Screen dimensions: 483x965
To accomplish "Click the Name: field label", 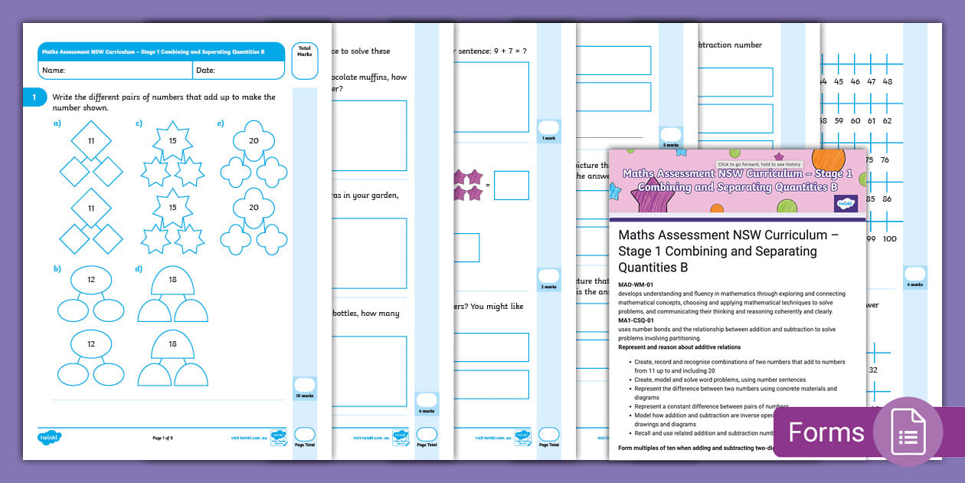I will coord(54,71).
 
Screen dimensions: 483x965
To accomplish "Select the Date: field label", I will coord(205,71).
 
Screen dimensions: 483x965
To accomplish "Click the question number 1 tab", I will coord(34,98).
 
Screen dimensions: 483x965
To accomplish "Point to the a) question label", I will coord(57,123).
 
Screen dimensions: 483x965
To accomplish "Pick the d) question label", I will coord(139,268).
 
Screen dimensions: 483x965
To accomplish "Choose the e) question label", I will coord(221,123).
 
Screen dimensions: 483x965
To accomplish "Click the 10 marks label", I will coord(305,396).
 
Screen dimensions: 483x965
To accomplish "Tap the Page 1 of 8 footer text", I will coord(162,438).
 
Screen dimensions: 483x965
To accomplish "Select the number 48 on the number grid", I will coord(887,81).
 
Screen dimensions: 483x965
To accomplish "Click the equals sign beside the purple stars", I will coord(488,186).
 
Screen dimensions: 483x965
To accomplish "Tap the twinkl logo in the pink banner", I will coord(844,203).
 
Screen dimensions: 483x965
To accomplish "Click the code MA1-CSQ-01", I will coord(637,321).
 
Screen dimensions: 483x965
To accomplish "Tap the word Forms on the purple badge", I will coord(826,432).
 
